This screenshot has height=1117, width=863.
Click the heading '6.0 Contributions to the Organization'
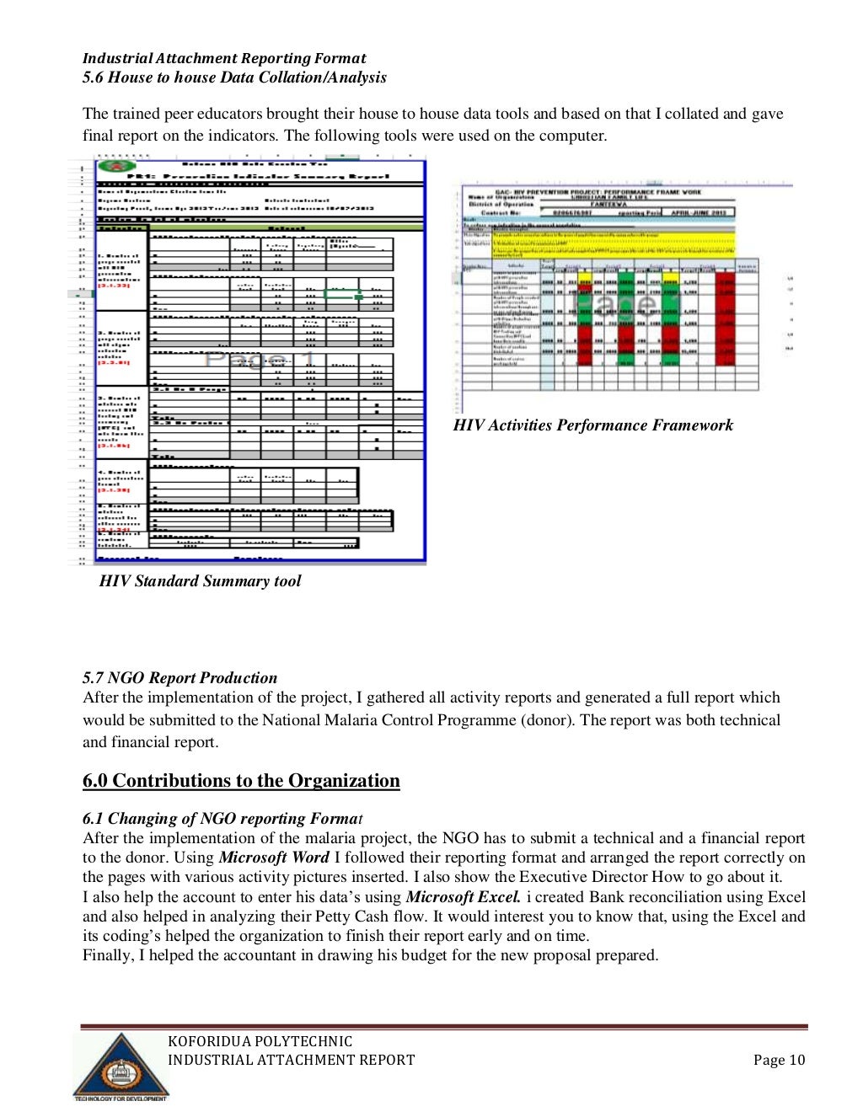[x=241, y=781]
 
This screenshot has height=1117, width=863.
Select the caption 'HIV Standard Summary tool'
[x=200, y=581]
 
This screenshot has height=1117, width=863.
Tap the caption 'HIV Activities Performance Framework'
[x=592, y=425]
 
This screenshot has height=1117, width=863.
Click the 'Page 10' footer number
[x=779, y=1061]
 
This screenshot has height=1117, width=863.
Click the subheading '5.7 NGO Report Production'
[x=180, y=678]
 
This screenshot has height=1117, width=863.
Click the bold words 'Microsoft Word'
[x=274, y=858]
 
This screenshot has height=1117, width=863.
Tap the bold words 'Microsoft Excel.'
[x=463, y=897]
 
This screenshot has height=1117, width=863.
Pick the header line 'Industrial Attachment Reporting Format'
[x=224, y=58]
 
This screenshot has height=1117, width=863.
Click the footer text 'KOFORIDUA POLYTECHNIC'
[x=260, y=1042]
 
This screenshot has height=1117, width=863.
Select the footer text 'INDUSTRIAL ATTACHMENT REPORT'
[x=291, y=1061]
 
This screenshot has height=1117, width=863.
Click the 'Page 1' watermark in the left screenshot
[x=260, y=360]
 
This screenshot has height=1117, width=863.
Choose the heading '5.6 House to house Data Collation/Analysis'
[x=234, y=77]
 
